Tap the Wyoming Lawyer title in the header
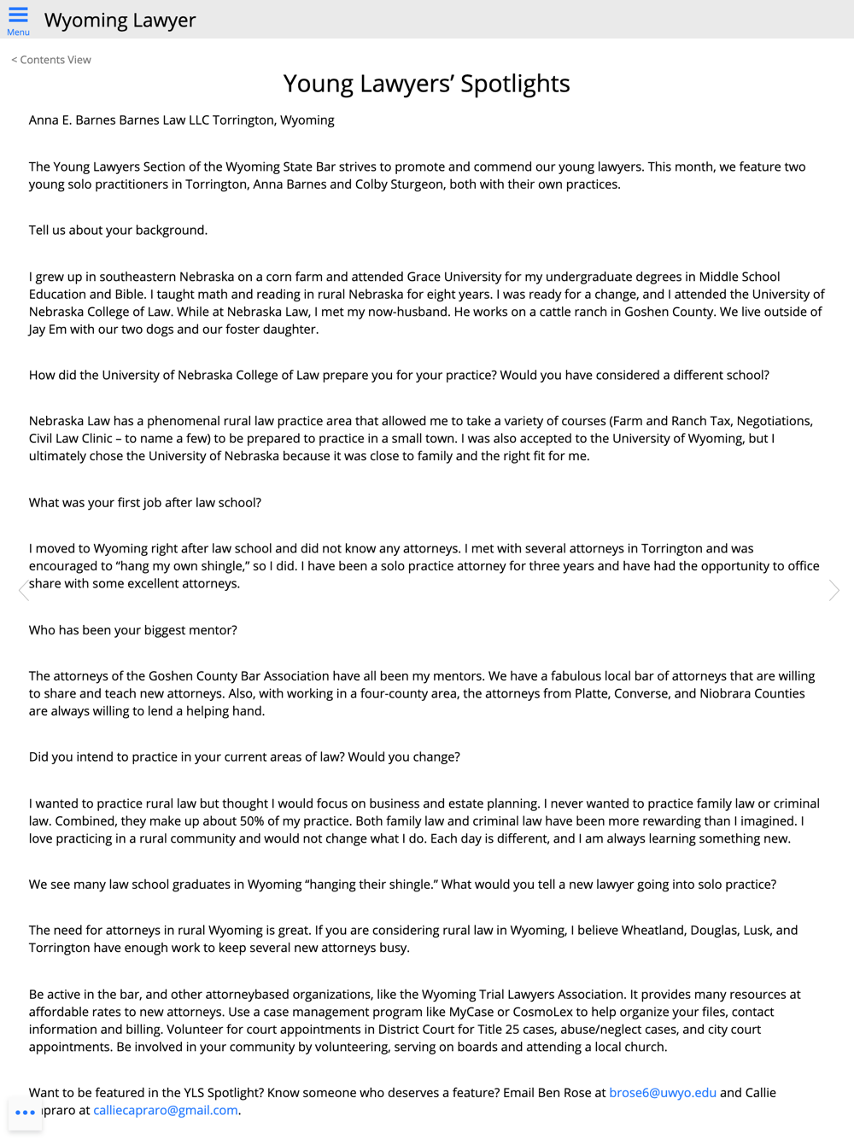click(120, 20)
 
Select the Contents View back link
click(51, 60)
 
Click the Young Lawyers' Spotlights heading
click(426, 84)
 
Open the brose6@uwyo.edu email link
click(662, 1093)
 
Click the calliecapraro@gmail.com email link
click(165, 1110)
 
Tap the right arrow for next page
click(834, 590)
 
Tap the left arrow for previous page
click(24, 590)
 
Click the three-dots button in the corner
click(26, 1113)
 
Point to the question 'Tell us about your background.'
click(118, 231)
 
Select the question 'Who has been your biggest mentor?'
click(133, 630)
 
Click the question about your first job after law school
click(145, 503)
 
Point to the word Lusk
click(757, 930)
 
